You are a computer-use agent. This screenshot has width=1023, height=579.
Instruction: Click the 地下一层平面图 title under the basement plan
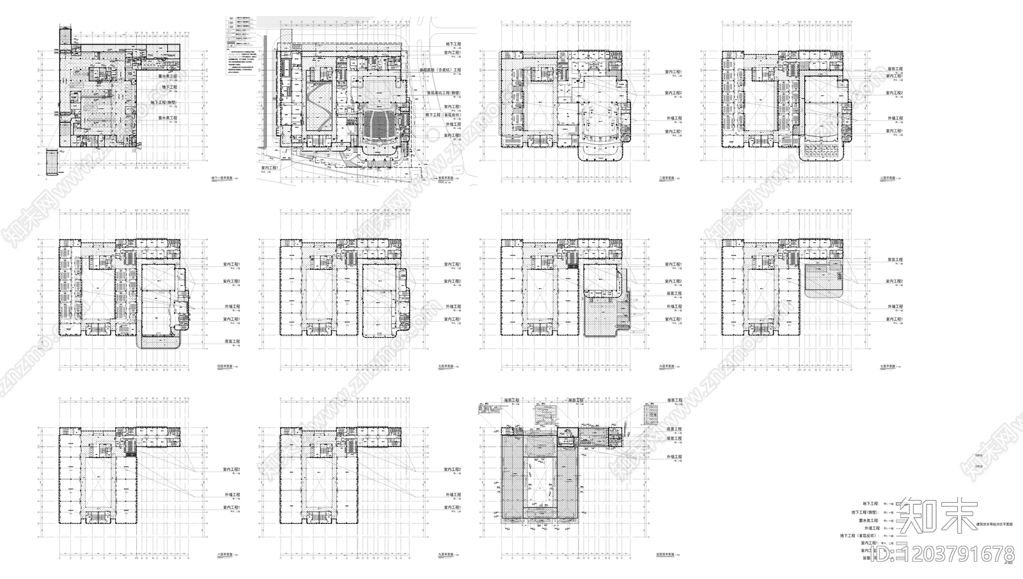click(x=220, y=177)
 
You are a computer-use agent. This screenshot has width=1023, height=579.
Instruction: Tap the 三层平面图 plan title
click(x=888, y=177)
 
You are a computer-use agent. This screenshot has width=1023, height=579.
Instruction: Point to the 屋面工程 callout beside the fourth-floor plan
click(x=230, y=342)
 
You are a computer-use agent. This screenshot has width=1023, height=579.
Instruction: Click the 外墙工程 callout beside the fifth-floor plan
click(x=451, y=306)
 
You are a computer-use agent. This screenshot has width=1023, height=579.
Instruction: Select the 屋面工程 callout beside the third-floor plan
click(x=894, y=68)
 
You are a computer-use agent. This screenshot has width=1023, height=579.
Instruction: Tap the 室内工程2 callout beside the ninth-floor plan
click(x=451, y=470)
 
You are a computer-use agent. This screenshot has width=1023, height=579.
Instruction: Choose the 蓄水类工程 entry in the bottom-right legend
click(x=868, y=521)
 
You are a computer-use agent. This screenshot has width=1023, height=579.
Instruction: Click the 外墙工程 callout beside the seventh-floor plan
click(x=894, y=306)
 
